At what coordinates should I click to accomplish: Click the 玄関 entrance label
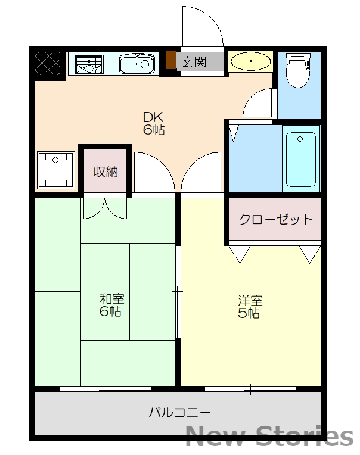(194, 61)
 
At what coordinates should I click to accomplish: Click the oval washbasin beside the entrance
(251, 61)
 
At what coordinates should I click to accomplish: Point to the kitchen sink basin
(136, 63)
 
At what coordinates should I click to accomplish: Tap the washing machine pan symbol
(56, 170)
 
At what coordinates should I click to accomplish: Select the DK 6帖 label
(153, 123)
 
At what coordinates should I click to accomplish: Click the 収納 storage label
(105, 172)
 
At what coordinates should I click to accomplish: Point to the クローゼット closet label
(275, 219)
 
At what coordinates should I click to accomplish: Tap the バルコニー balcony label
(179, 412)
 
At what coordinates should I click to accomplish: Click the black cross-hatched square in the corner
(48, 63)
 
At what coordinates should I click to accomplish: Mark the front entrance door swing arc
(201, 26)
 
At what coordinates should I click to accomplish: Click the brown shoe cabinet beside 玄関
(170, 61)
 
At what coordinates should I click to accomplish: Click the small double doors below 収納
(105, 208)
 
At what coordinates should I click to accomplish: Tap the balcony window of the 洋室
(250, 389)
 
